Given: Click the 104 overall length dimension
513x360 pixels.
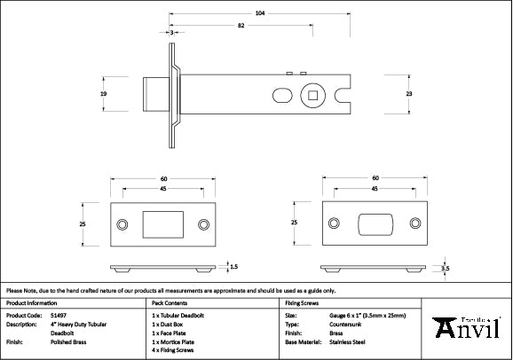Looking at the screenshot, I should [258, 13].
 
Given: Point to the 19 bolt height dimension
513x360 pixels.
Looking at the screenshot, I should [104, 92].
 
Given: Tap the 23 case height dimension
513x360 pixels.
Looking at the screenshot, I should [409, 92].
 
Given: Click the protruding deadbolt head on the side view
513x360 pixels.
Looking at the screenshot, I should [152, 92].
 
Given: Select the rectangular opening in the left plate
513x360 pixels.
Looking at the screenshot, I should [160, 224].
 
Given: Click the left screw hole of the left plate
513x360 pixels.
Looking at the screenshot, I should [122, 224].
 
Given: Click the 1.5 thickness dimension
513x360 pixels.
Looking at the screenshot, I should [233, 265].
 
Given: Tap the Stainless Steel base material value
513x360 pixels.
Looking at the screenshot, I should [347, 340].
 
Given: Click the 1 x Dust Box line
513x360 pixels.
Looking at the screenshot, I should [171, 323].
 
